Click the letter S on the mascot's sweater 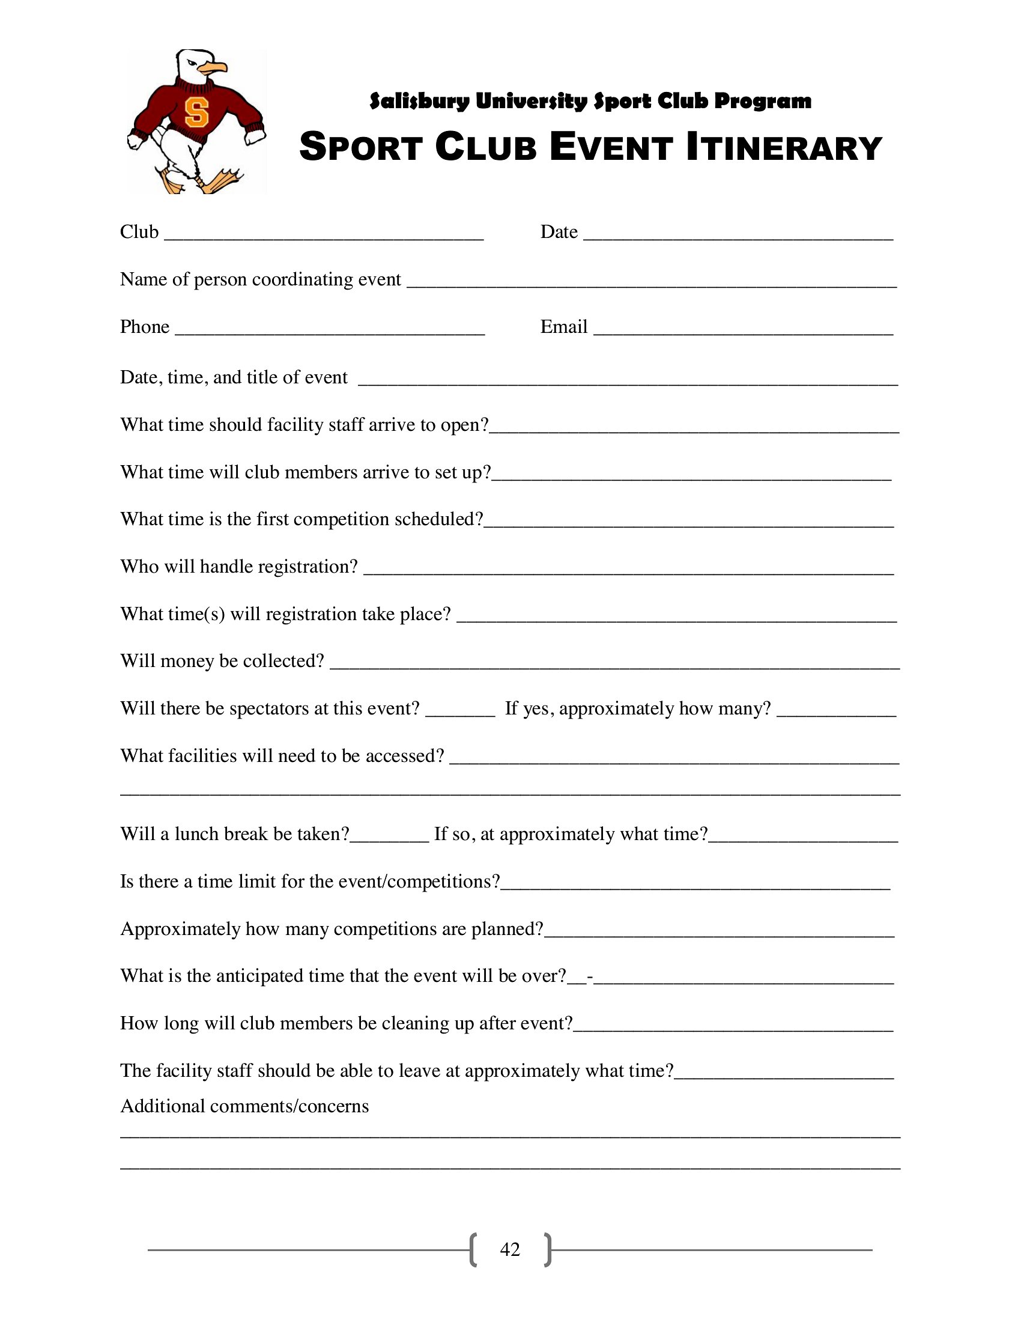[196, 111]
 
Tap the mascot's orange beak [215, 68]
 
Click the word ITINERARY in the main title [784, 148]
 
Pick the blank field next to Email [743, 332]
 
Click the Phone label [145, 327]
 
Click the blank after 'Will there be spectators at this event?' [460, 713]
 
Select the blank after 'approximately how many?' [836, 713]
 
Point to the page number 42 [510, 1249]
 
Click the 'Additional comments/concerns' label [244, 1106]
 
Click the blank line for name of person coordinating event [651, 284]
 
